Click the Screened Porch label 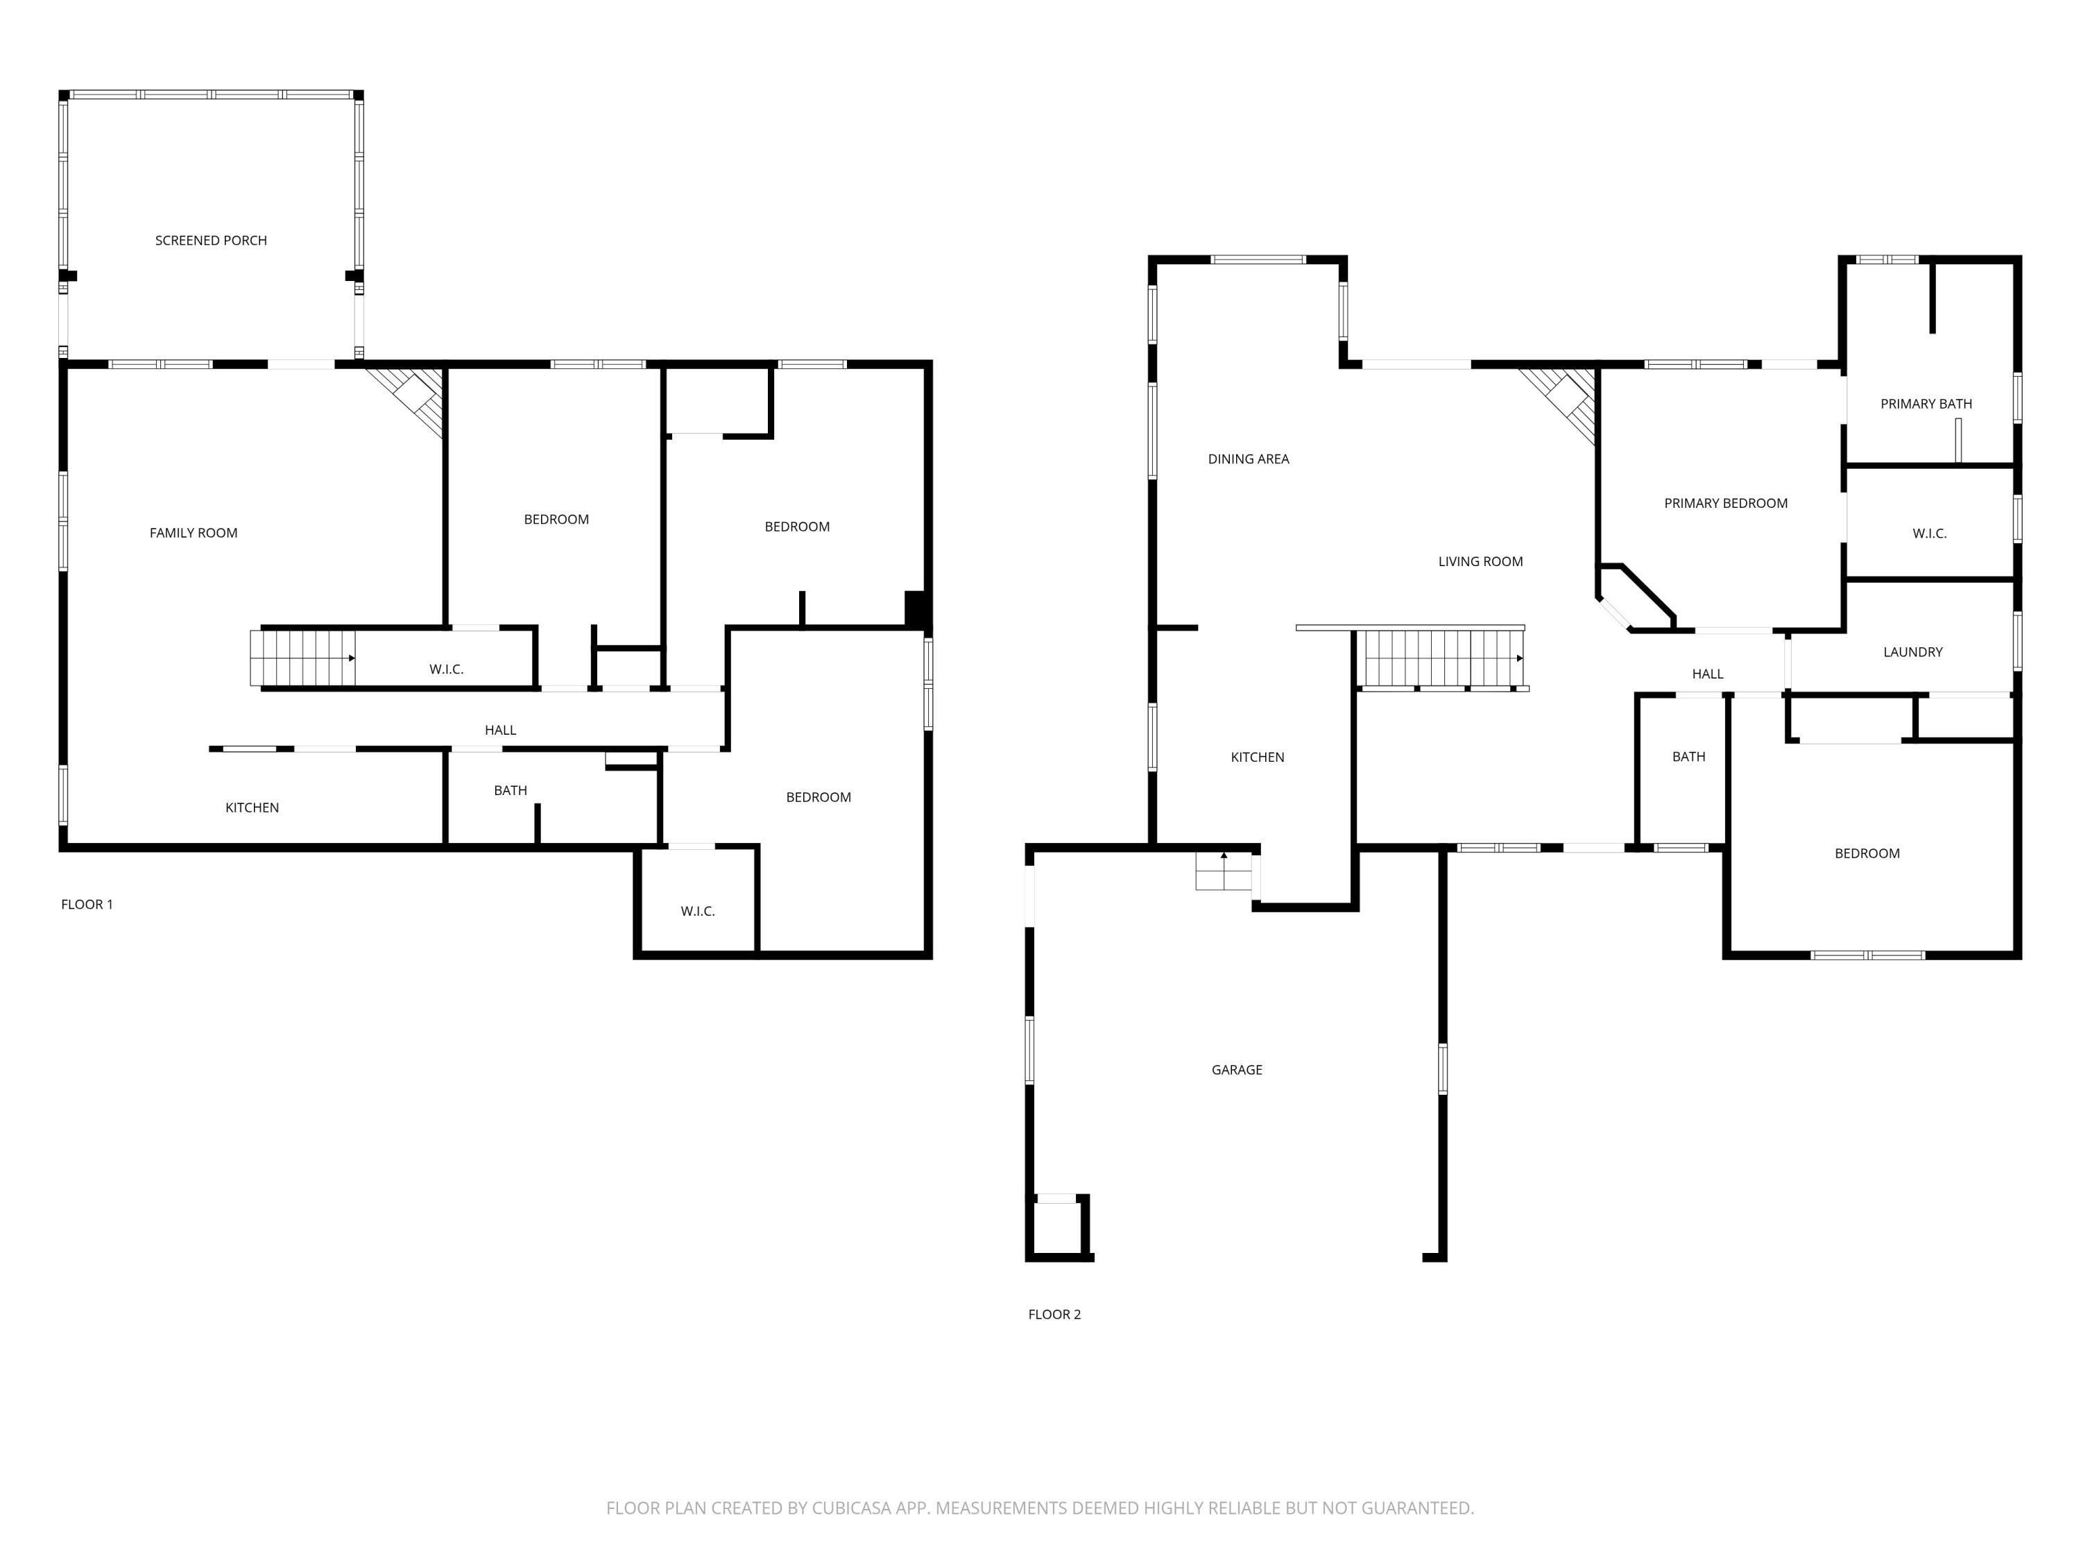coord(211,241)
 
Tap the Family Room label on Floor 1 coord(193,534)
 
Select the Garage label coord(1236,1070)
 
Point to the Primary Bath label coord(1926,404)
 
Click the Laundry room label coord(1912,652)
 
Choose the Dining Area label coord(1249,459)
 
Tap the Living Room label coord(1480,562)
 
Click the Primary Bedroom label coord(1725,504)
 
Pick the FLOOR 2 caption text coord(1054,1315)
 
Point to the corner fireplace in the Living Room coord(1567,400)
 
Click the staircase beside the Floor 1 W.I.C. coord(301,658)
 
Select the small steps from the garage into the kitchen coord(1223,872)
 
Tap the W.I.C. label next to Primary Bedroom coord(1928,534)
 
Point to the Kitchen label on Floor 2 coord(1257,758)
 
